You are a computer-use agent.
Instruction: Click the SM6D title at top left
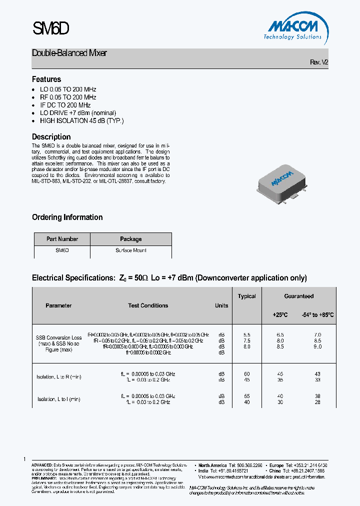click(x=50, y=29)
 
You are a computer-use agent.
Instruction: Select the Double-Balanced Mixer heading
click(x=69, y=53)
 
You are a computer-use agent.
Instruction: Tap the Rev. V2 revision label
click(x=319, y=62)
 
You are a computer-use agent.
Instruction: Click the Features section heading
click(x=46, y=79)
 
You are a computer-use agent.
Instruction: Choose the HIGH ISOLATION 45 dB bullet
click(x=81, y=121)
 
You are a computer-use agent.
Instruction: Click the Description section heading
click(x=51, y=137)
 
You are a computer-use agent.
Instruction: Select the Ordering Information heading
click(x=67, y=217)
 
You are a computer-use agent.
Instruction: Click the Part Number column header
click(x=62, y=239)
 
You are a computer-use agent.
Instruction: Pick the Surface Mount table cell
click(x=131, y=250)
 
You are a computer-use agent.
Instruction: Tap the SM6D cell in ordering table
click(x=62, y=250)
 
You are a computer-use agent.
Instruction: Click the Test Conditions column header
click(x=148, y=305)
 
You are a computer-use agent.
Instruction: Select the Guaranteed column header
click(x=299, y=296)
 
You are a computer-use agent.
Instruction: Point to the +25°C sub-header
click(x=280, y=315)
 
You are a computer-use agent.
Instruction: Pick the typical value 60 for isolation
click(x=246, y=374)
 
